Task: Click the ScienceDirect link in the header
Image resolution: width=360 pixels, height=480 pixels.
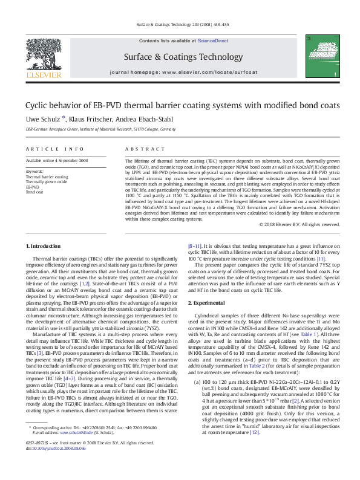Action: (x=212, y=40)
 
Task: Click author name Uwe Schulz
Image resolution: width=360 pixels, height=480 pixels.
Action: (x=41, y=118)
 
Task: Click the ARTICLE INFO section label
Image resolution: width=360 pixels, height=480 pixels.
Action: (x=45, y=149)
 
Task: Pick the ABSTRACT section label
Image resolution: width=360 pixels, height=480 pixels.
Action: (x=137, y=149)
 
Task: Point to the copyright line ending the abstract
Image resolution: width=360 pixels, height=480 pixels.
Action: (x=299, y=224)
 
